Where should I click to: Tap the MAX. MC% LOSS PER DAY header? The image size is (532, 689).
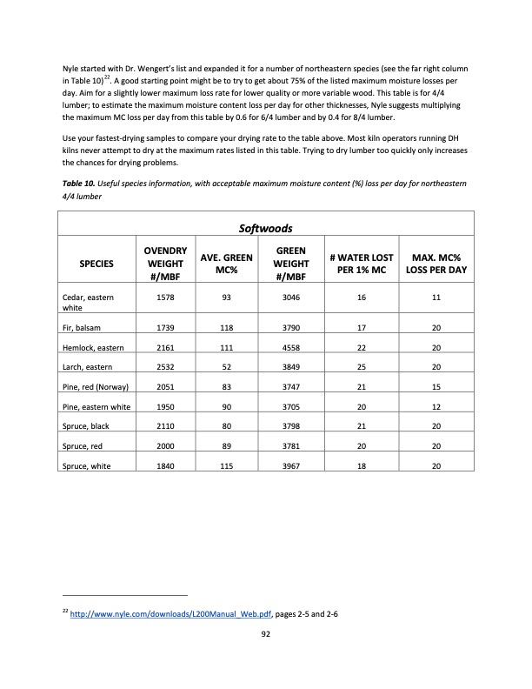(x=436, y=260)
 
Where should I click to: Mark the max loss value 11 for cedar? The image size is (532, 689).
(x=436, y=298)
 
